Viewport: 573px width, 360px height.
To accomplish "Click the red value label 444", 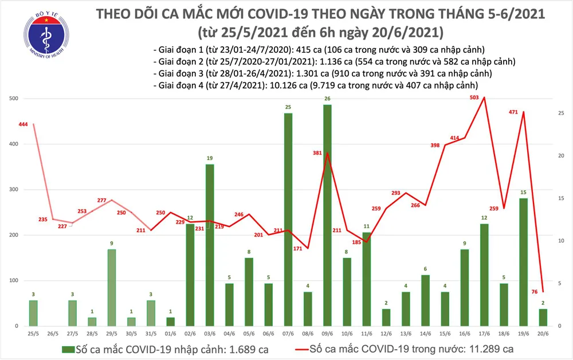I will [x=23, y=124].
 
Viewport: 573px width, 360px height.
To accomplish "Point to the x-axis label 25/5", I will [x=33, y=333].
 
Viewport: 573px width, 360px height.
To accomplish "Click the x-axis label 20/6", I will [x=543, y=333].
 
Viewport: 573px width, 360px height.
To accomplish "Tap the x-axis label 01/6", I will [x=170, y=333].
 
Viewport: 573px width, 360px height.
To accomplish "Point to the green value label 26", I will [x=327, y=99].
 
